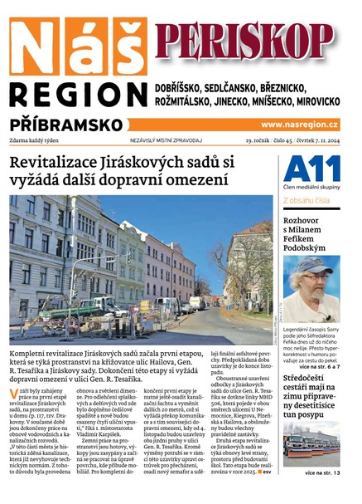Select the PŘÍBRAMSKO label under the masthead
click(x=59, y=124)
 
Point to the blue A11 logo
click(x=311, y=171)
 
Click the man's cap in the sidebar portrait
click(x=311, y=267)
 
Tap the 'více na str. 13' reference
click(x=321, y=472)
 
